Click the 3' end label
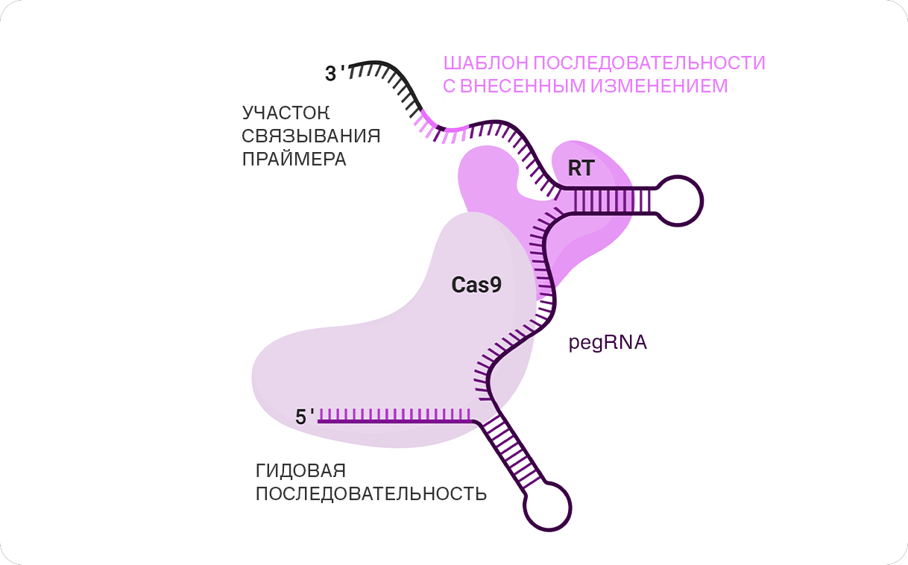pyautogui.click(x=335, y=74)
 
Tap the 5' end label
pyautogui.click(x=305, y=417)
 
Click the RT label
pyautogui.click(x=581, y=168)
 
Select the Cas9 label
pyautogui.click(x=476, y=285)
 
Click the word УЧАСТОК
pyautogui.click(x=286, y=113)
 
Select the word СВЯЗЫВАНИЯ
pyautogui.click(x=311, y=136)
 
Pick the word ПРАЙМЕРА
pyautogui.click(x=294, y=160)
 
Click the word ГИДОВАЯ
pyautogui.click(x=300, y=471)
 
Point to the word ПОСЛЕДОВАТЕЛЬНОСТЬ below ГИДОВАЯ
pyautogui.click(x=371, y=493)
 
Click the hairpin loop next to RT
pyautogui.click(x=678, y=200)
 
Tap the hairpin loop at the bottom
pyautogui.click(x=548, y=506)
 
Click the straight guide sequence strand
pyautogui.click(x=395, y=421)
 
